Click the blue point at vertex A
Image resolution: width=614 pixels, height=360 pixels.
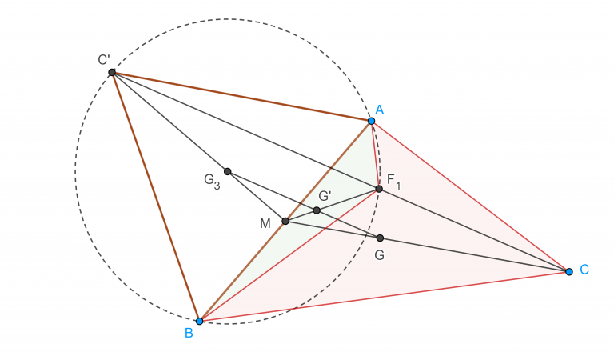tap(371, 121)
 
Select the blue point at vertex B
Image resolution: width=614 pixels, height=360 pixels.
tap(199, 321)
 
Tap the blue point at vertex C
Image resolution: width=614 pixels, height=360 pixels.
tap(568, 272)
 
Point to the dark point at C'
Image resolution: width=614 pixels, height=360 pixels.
tap(112, 73)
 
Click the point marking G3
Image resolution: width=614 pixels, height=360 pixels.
tap(227, 171)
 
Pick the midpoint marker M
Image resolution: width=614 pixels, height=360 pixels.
tap(285, 221)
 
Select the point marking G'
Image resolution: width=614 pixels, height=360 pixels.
tap(317, 210)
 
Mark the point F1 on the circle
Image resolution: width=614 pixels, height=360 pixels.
tap(379, 189)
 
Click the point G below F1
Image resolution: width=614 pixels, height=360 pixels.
tap(380, 238)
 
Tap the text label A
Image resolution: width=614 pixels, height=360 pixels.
tap(379, 110)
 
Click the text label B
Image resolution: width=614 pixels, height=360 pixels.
tap(189, 333)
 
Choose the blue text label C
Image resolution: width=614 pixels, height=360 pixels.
tap(584, 270)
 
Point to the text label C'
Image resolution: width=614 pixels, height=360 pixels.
tap(104, 59)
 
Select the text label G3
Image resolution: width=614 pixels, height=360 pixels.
tap(211, 181)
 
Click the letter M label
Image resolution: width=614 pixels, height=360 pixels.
tap(265, 223)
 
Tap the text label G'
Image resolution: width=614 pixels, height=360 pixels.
tap(325, 196)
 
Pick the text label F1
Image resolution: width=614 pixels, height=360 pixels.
tap(393, 181)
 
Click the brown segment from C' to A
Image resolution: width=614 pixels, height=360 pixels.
tap(240, 97)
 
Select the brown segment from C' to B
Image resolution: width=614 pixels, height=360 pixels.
tap(155, 196)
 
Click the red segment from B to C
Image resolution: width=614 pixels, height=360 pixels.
tap(384, 296)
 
